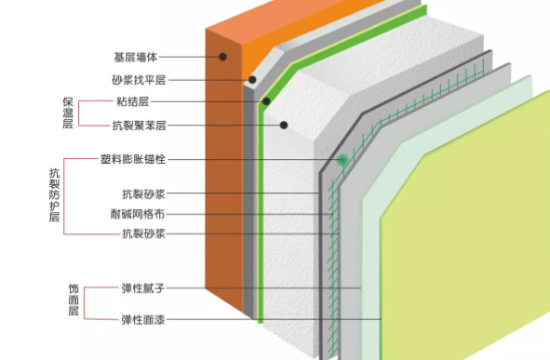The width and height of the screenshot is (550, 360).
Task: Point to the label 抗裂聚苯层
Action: pyautogui.click(x=144, y=125)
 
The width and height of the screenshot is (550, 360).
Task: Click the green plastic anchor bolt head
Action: pyautogui.click(x=343, y=160)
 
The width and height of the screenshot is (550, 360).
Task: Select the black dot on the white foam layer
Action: pyautogui.click(x=284, y=125)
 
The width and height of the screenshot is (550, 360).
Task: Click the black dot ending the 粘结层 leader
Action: pyautogui.click(x=266, y=101)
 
